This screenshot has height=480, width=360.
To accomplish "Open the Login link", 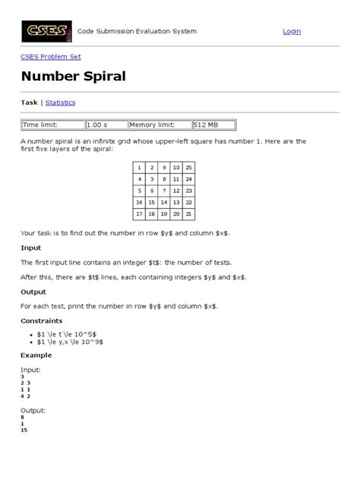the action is coord(292,31).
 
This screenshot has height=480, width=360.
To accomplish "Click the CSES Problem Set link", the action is coord(50,57).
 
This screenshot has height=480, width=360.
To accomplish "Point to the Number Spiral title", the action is coord(74,77).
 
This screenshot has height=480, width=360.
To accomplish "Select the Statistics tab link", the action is coord(60,103).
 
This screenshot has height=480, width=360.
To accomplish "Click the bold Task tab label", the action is coord(29,103).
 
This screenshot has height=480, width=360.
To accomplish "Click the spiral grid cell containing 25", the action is coord(188,167).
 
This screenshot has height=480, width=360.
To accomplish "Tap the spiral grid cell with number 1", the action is coord(139,167).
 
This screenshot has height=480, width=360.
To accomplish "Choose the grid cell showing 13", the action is coord(176,203).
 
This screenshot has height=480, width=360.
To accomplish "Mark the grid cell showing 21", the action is coord(188,215).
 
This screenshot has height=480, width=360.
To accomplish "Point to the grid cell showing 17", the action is coord(139,215).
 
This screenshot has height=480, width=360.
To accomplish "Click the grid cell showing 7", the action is coord(164,191).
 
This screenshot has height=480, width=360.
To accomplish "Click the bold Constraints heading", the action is coord(43,321).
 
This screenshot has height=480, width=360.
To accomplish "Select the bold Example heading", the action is coord(36,355).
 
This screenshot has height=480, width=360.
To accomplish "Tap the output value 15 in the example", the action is coord(24,431).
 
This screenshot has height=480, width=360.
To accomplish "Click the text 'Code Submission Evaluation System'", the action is coord(137,31).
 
